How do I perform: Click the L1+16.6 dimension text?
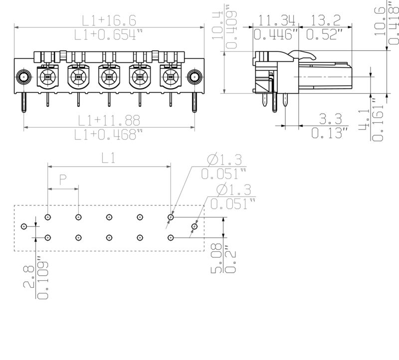click(x=109, y=20)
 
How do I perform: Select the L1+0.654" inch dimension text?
click(x=109, y=35)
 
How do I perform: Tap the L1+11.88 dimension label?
click(x=109, y=120)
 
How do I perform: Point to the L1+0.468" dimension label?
click(x=109, y=135)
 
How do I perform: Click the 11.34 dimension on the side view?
click(x=277, y=20)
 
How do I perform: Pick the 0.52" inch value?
click(x=325, y=35)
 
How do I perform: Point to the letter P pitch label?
click(x=63, y=180)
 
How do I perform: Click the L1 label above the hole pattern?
click(x=109, y=159)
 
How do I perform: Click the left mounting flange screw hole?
click(x=23, y=77)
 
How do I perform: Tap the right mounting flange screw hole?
click(x=194, y=77)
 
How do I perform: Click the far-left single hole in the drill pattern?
click(x=23, y=227)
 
